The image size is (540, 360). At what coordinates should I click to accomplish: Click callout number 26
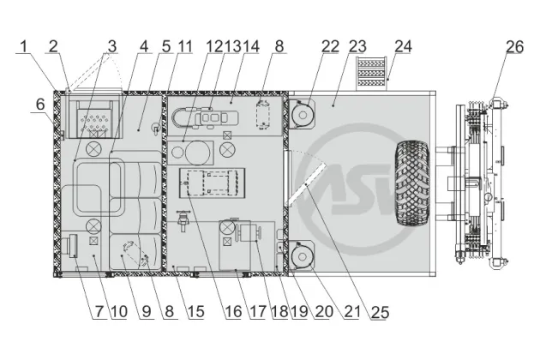pos(514,46)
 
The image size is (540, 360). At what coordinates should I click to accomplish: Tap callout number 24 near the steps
pos(403,46)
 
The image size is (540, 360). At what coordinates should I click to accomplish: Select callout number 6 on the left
pos(40,104)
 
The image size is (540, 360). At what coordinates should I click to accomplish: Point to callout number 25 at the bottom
pos(381,312)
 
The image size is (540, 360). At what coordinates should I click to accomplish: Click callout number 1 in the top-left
pos(23,46)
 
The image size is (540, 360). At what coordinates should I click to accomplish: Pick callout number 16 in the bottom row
pos(233,312)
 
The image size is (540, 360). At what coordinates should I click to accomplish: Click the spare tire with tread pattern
pos(412,183)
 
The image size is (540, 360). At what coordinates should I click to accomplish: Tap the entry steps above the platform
pos(371,73)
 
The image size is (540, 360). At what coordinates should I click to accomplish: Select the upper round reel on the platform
pos(302,114)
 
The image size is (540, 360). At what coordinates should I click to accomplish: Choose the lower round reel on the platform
pos(302,255)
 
